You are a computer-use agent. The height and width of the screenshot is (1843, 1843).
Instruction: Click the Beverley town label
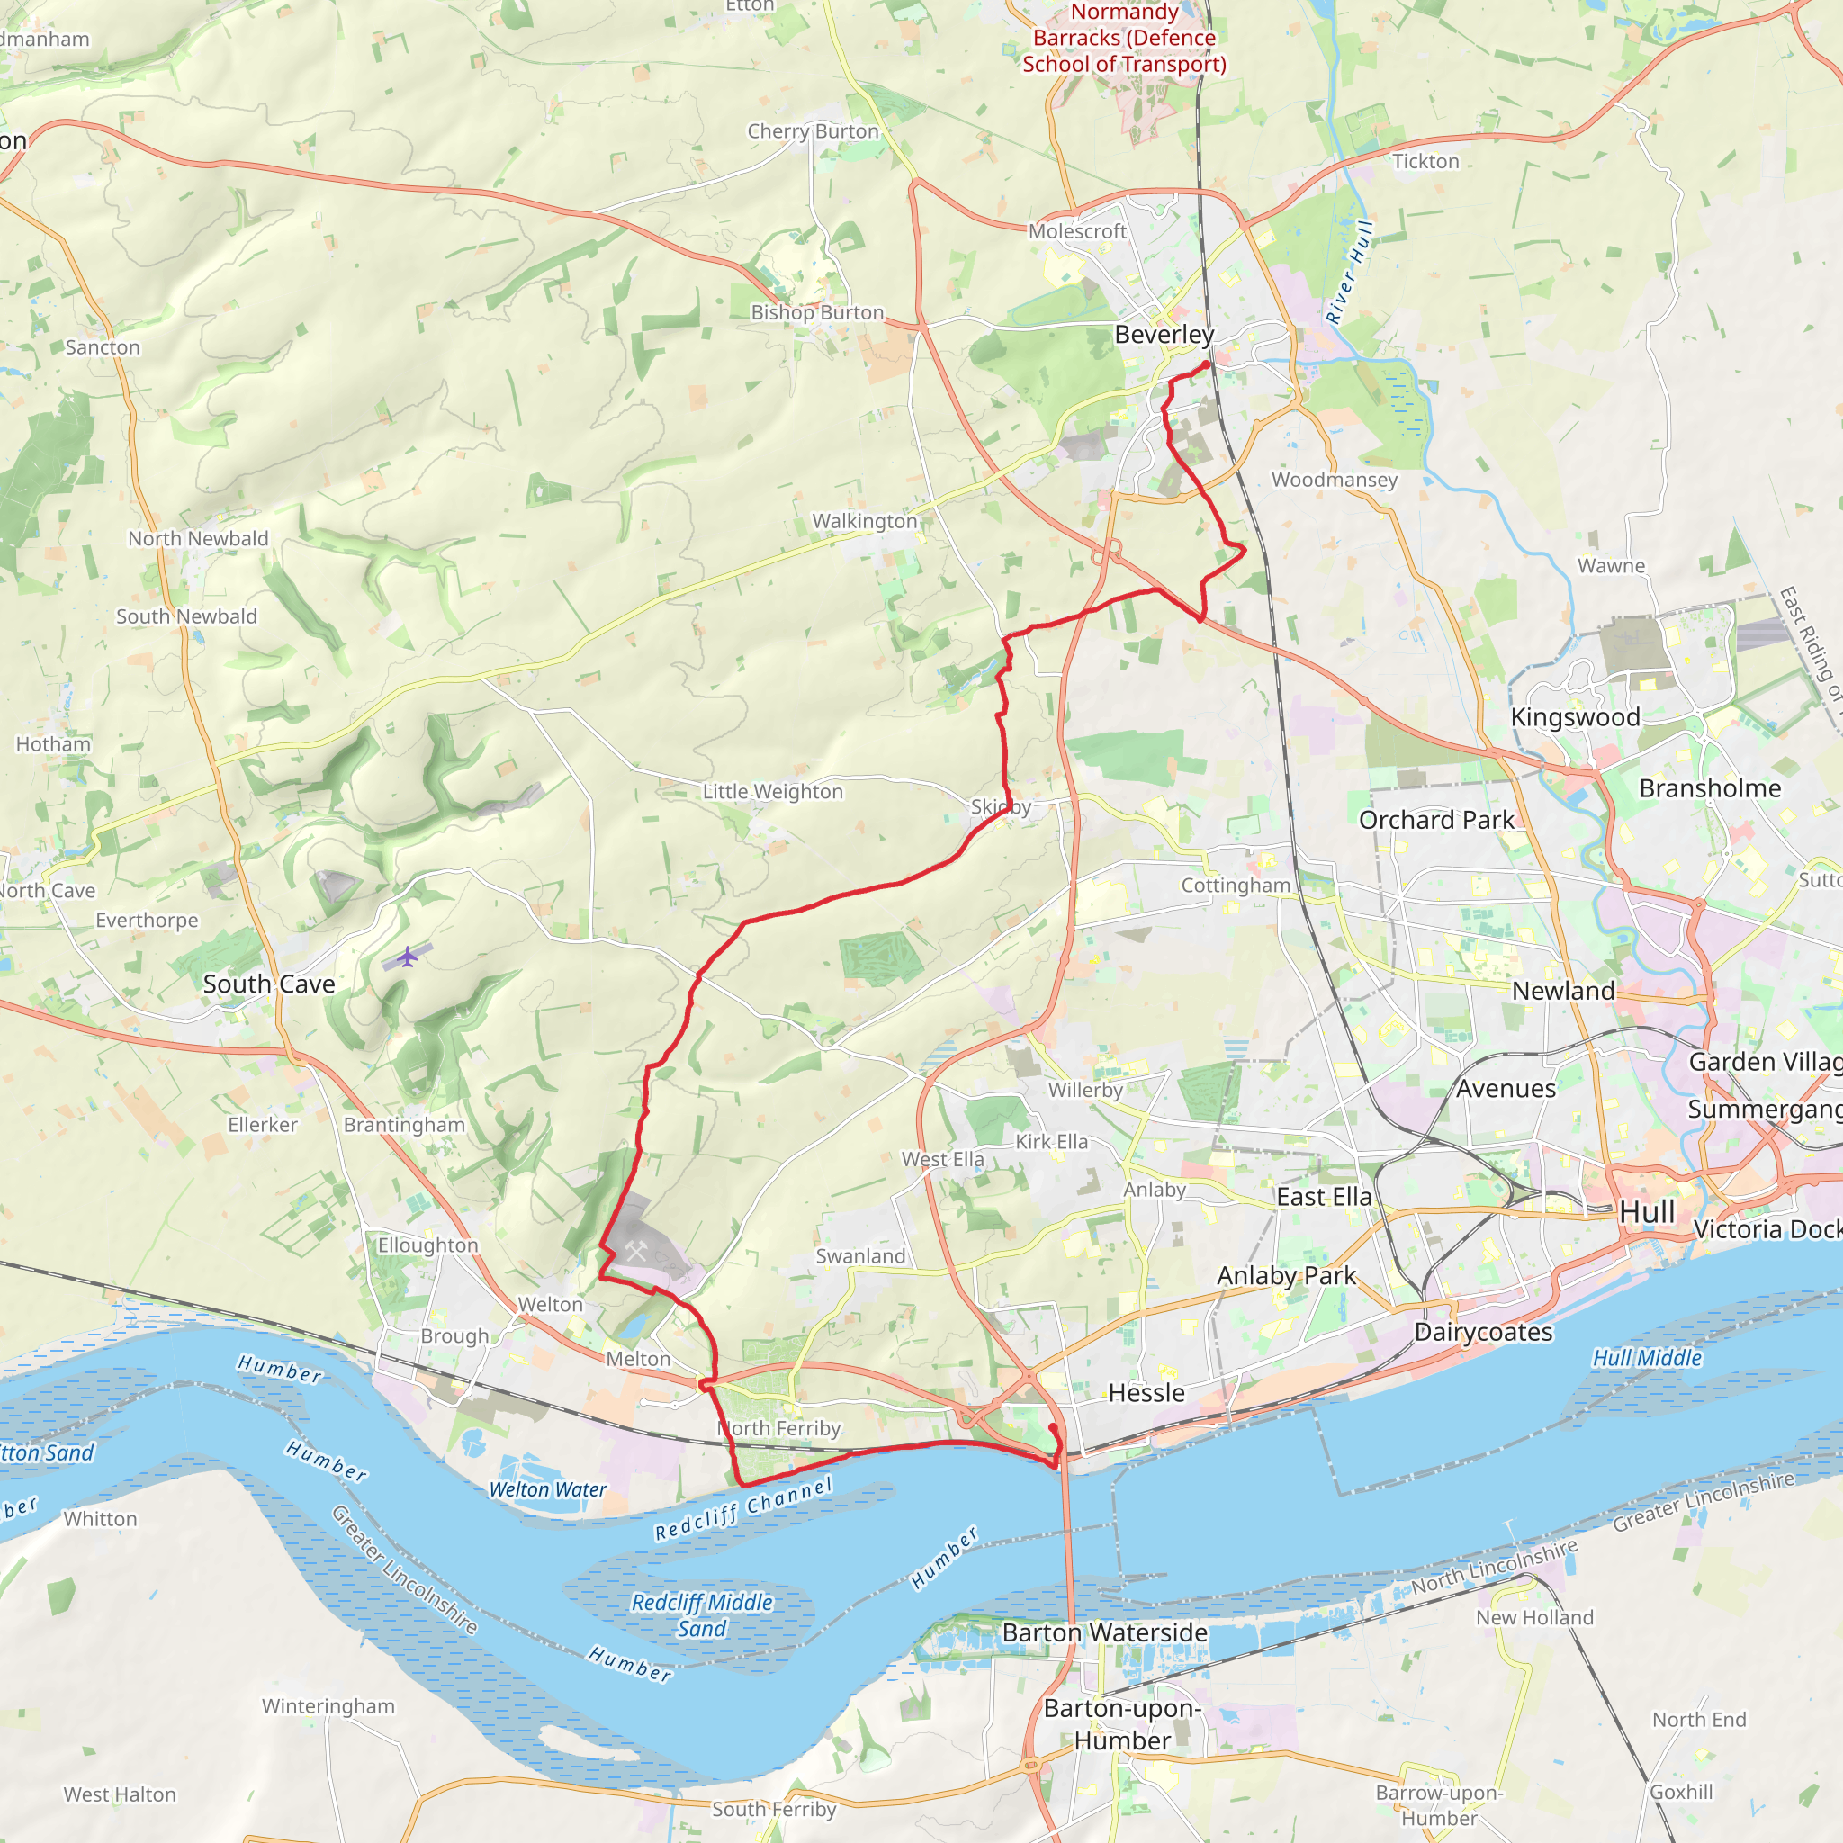coord(1164,335)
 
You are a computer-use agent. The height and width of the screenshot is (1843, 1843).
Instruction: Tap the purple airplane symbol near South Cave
coord(409,956)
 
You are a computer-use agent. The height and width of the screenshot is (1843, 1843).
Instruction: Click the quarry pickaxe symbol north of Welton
coord(636,1251)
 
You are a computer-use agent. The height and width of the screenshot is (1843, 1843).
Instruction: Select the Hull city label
coord(1647,1212)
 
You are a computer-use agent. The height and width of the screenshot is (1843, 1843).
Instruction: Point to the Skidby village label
coord(1001,807)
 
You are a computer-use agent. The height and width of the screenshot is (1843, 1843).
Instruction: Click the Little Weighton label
coord(773,792)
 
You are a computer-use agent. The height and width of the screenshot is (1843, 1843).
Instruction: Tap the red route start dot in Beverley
coord(1206,364)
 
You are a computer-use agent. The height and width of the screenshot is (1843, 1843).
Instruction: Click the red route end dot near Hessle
coord(1053,1427)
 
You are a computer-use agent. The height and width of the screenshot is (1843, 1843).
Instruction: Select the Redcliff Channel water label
coord(744,1508)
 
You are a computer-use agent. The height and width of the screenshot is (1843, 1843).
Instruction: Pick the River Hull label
coord(1350,272)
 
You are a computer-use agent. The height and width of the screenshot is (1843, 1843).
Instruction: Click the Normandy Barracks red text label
coord(1125,38)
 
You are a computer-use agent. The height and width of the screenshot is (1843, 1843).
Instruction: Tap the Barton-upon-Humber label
coord(1122,1723)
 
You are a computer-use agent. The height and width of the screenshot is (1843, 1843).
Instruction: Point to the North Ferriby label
coord(779,1428)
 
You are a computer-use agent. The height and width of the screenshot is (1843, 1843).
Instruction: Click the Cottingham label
coord(1236,886)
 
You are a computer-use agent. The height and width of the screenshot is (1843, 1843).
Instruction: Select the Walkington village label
coord(864,521)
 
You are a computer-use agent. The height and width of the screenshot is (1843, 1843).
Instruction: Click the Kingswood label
coord(1575,717)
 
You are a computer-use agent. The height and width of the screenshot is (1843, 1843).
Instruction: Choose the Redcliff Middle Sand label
coord(702,1615)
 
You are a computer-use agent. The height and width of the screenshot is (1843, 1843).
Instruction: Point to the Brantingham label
coord(404,1125)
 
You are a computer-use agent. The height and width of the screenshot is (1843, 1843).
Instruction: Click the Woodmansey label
coord(1334,480)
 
